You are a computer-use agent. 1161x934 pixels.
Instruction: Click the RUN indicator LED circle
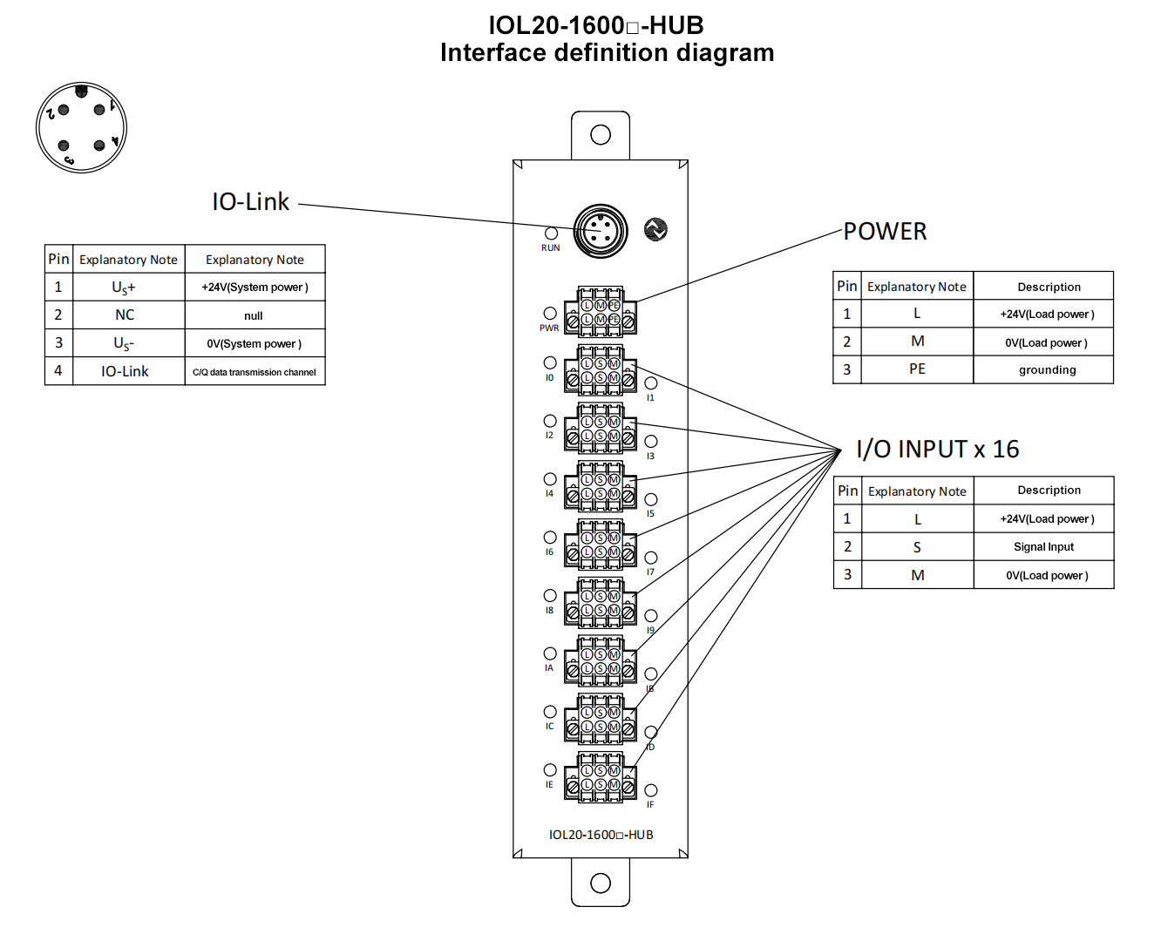click(x=551, y=233)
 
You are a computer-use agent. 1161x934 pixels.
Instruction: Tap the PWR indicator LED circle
click(x=550, y=314)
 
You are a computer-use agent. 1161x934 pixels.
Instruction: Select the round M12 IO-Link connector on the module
click(x=601, y=231)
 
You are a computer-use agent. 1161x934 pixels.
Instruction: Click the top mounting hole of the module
click(x=601, y=135)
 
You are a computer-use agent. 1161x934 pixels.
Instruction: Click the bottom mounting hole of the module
click(x=601, y=883)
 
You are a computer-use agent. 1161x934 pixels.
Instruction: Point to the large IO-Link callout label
click(x=250, y=202)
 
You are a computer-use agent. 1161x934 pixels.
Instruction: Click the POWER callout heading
click(x=885, y=232)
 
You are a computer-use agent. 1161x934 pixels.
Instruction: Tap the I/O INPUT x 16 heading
click(x=937, y=450)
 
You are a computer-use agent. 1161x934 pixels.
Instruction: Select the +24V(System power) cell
click(x=255, y=288)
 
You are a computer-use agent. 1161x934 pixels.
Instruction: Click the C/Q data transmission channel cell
click(x=255, y=372)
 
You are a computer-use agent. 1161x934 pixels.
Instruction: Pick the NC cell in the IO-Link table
click(x=125, y=315)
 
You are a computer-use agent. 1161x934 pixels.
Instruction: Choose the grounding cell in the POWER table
click(x=1047, y=370)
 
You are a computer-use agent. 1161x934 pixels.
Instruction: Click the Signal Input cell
click(x=1043, y=547)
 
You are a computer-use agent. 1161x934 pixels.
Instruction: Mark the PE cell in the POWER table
click(x=917, y=369)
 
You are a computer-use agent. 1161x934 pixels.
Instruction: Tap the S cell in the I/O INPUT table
click(x=917, y=547)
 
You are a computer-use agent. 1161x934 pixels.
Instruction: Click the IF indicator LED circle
click(x=651, y=791)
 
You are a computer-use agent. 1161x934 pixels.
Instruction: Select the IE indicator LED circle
click(x=550, y=770)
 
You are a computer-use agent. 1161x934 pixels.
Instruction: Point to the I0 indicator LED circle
click(x=550, y=362)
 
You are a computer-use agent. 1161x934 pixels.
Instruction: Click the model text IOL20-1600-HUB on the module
click(x=601, y=835)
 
